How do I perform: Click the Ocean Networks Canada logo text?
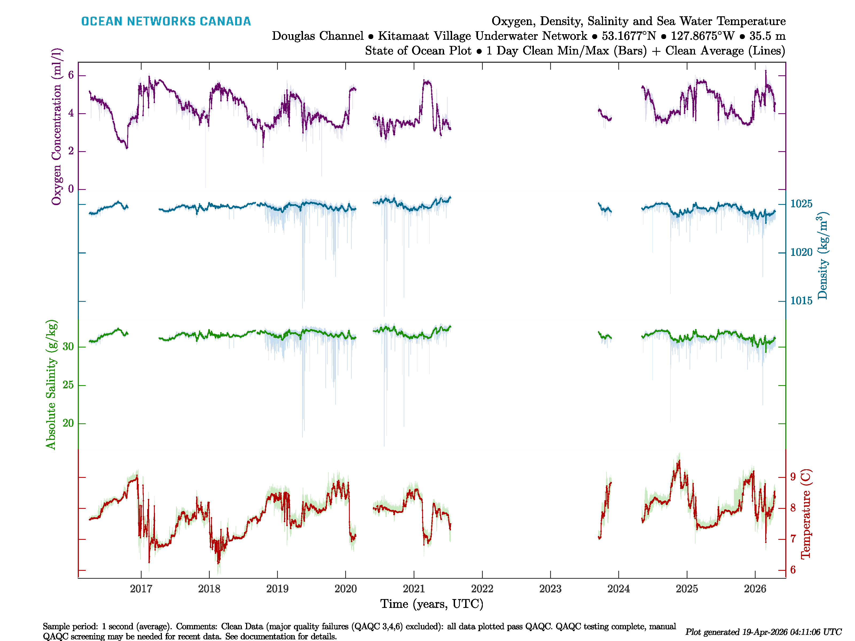pos(166,21)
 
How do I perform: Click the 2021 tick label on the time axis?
pos(414,589)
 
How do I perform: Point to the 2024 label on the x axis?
pos(619,589)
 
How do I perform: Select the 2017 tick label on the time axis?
pos(141,589)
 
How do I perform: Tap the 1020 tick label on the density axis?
pos(801,252)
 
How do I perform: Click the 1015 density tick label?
pos(801,300)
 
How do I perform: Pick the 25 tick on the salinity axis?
pos(68,385)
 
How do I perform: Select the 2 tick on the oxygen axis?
pos(71,151)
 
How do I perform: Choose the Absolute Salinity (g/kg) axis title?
pos(51,384)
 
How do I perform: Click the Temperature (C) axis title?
pos(806,514)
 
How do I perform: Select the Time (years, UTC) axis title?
pos(432,604)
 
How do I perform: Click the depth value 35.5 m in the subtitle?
pos(767,36)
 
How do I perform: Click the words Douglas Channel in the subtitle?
pos(317,36)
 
